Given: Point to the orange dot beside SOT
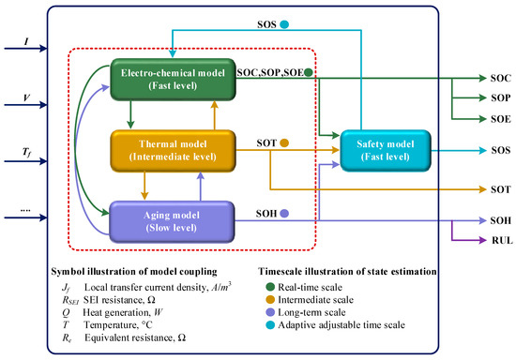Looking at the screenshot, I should pyautogui.click(x=284, y=143).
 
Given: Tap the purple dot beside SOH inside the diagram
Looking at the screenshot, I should pyautogui.click(x=285, y=215).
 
